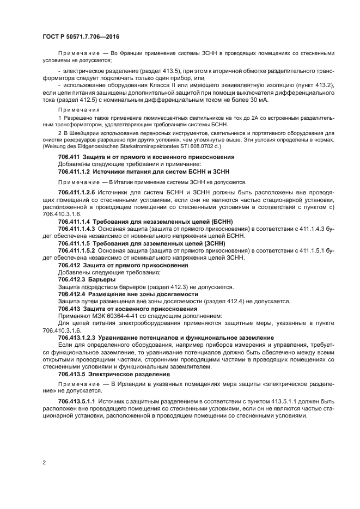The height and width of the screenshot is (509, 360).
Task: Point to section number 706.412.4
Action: coord(75,294)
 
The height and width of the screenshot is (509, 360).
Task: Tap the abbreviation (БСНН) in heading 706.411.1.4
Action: coord(217,222)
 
